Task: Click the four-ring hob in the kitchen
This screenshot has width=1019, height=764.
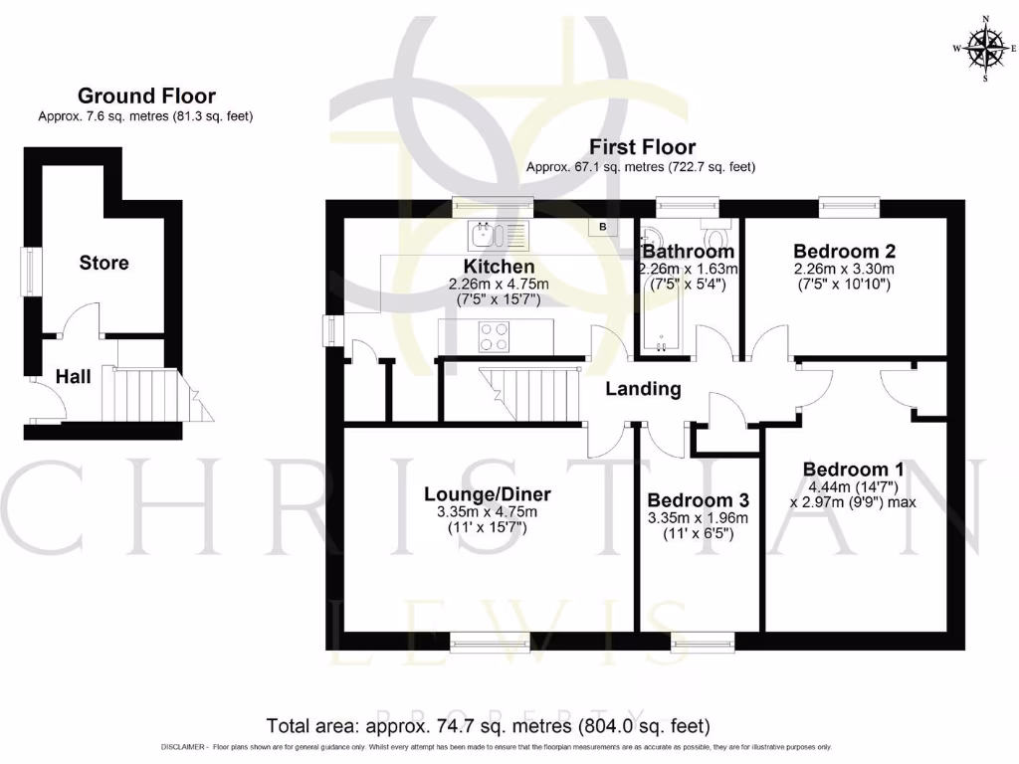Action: click(x=495, y=337)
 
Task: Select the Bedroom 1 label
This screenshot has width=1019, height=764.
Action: click(x=845, y=470)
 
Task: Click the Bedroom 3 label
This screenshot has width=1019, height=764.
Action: click(x=698, y=499)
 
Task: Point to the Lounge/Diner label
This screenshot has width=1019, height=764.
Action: click(x=487, y=494)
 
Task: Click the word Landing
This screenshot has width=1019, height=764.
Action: click(x=643, y=389)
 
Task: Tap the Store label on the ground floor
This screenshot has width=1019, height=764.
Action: click(x=103, y=263)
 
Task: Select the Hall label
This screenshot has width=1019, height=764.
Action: click(x=73, y=377)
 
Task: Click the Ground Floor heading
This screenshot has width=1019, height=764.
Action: click(x=146, y=96)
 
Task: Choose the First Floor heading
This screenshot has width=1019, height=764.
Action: click(x=642, y=147)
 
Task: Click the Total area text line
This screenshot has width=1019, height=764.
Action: click(x=488, y=725)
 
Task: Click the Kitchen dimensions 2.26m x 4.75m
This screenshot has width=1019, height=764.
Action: click(x=500, y=285)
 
